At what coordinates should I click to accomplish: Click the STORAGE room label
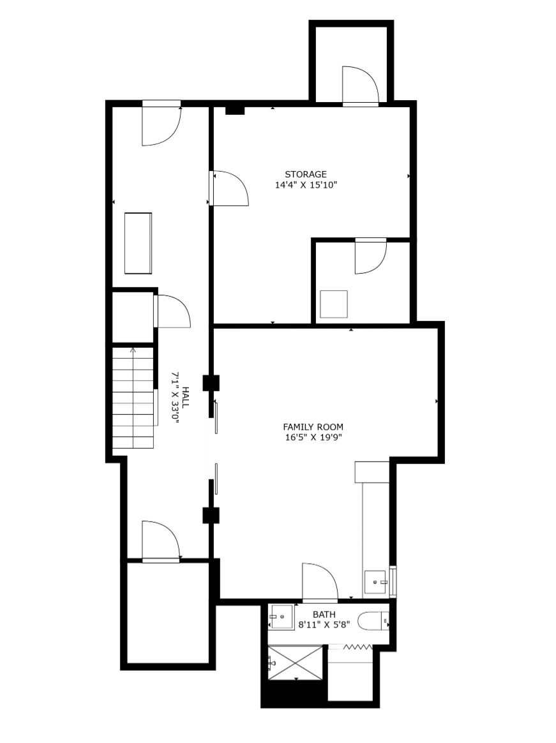(306, 174)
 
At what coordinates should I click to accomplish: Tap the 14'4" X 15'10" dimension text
(306, 185)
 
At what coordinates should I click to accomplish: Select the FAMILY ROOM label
(313, 427)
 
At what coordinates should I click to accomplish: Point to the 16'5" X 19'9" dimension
(313, 437)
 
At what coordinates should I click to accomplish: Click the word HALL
(185, 397)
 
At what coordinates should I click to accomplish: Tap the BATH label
(324, 615)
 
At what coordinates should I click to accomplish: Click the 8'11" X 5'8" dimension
(324, 624)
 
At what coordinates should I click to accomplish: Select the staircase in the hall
(133, 398)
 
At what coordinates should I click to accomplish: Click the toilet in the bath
(373, 621)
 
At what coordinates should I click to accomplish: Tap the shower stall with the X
(296, 663)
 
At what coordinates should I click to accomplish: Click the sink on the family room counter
(377, 582)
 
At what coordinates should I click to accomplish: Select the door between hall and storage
(229, 188)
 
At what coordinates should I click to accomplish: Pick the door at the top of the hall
(162, 123)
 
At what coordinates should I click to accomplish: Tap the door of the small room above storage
(361, 85)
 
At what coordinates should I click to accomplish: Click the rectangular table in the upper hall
(139, 243)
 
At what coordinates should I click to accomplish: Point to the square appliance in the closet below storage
(334, 304)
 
